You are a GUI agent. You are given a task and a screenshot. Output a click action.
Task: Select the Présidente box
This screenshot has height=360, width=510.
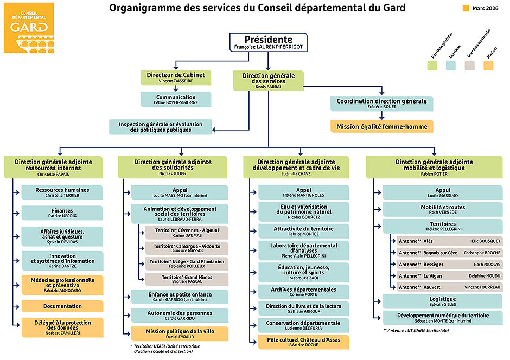[268, 43]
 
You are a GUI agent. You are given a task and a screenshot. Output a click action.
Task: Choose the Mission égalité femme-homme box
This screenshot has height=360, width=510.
[381, 127]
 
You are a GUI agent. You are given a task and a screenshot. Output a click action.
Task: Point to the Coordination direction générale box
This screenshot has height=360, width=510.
[381, 103]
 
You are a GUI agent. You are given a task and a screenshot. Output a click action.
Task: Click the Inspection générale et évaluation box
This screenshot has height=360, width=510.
[161, 127]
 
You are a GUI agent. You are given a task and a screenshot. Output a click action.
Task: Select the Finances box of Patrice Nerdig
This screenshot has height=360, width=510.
[62, 213]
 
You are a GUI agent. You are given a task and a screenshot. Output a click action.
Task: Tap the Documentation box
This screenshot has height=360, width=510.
[62, 306]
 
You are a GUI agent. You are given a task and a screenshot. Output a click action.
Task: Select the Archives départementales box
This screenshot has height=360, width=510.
[303, 292]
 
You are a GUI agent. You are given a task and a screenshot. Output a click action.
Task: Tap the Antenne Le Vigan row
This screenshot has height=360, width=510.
[449, 275]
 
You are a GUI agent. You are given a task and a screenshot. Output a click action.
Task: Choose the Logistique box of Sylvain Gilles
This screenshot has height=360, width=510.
[442, 301]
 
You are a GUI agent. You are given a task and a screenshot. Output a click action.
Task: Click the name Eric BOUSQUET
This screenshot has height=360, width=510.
[486, 241]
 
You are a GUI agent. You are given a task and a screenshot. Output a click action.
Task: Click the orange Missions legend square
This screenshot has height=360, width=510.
[488, 66]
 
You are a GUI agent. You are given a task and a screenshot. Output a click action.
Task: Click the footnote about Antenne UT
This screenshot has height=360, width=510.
[416, 330]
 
